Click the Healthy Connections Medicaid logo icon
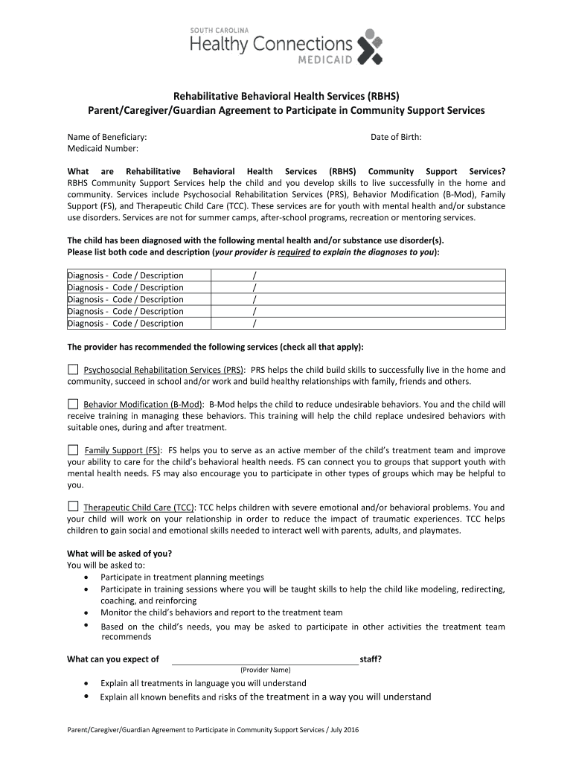coord(370,47)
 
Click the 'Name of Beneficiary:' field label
coord(107,137)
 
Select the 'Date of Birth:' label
coord(396,137)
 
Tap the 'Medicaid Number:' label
coord(103,149)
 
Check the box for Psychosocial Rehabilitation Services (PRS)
coord(72,369)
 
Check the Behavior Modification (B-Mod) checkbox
coord(72,404)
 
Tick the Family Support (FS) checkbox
coord(72,449)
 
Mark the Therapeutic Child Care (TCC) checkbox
coord(72,507)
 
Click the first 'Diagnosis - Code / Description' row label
coord(125,275)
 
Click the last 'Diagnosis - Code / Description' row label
coord(125,324)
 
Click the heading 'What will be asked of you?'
coord(120,553)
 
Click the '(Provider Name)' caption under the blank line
coord(266,670)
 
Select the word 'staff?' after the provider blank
coord(371,659)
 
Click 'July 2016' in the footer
coord(345,730)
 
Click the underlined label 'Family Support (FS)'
coord(123,450)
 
